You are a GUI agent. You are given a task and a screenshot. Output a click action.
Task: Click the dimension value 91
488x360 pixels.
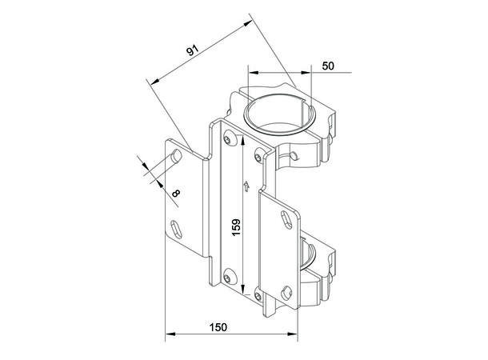coord(192,51)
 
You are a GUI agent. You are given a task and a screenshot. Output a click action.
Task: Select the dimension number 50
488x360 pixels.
coord(328,66)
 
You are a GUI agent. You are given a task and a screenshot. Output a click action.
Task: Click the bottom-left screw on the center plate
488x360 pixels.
coord(231,278)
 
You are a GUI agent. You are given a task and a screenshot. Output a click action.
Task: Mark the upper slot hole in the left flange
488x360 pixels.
coord(174,160)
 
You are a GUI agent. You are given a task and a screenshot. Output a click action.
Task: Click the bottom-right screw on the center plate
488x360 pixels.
coord(259,293)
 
